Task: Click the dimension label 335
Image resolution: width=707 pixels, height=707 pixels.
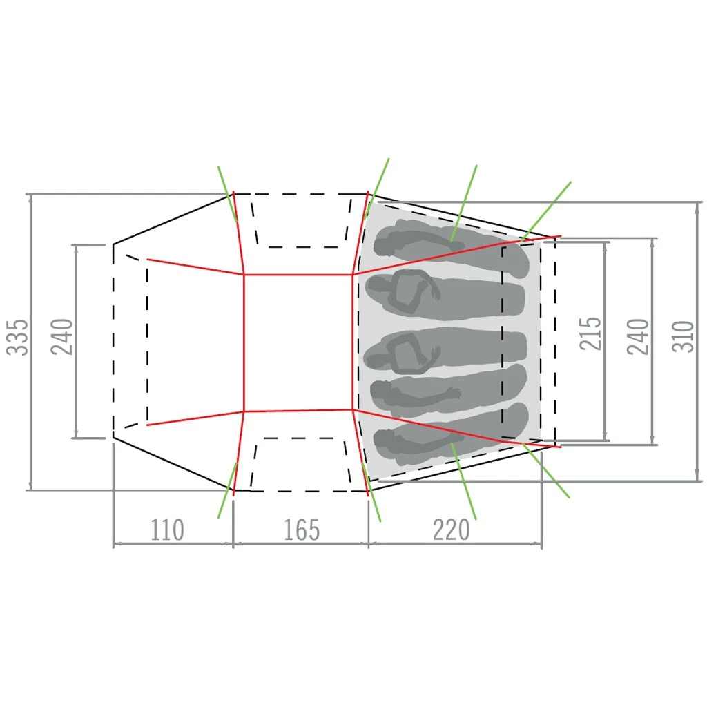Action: point(17,337)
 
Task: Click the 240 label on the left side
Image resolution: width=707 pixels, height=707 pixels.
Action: point(61,337)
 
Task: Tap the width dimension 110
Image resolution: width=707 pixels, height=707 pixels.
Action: point(167,530)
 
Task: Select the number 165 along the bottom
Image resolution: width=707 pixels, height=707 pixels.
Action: point(302,530)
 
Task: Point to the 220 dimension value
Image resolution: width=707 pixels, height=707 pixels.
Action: point(452,530)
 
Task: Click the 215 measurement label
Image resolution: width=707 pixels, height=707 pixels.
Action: point(591,333)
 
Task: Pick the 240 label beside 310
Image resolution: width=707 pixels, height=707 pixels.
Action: point(638,336)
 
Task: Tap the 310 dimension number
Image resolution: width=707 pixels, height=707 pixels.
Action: point(683,336)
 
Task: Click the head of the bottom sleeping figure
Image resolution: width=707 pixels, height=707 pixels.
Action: point(384,440)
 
